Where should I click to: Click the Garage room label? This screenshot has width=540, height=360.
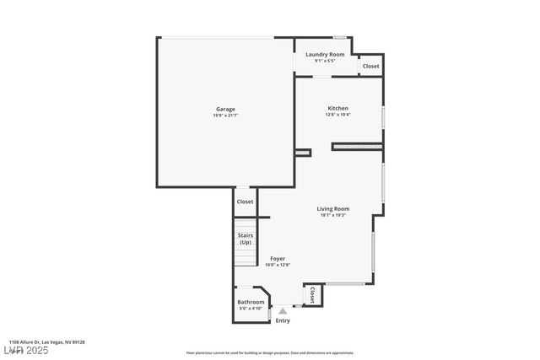(x=225, y=109)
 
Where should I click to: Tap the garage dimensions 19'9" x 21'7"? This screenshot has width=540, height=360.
(x=225, y=116)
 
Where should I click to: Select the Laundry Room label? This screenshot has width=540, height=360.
(x=325, y=54)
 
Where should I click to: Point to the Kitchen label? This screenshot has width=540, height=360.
(x=337, y=108)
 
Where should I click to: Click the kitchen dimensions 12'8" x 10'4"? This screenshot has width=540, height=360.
(x=337, y=115)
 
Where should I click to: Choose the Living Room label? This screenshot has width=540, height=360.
(x=333, y=208)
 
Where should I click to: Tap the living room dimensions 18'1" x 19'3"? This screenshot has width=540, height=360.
(x=333, y=215)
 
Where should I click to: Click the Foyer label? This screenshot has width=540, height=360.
(x=278, y=258)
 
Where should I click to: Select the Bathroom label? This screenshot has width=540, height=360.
(x=251, y=302)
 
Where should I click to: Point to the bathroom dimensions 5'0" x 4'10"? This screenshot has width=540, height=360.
(x=251, y=309)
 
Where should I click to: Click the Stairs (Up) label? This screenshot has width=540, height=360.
(x=246, y=239)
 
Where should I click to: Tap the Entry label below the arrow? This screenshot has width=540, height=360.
(x=283, y=320)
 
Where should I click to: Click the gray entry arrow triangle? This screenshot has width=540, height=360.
(x=283, y=311)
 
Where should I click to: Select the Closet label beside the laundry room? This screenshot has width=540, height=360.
(x=370, y=66)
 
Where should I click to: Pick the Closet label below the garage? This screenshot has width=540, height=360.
(x=245, y=201)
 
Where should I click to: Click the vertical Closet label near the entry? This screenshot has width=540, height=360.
(x=312, y=294)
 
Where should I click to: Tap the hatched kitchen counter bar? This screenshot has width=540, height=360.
(x=357, y=146)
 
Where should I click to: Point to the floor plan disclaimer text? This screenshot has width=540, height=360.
(x=270, y=353)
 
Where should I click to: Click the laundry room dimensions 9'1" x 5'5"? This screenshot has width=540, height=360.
(x=325, y=61)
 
